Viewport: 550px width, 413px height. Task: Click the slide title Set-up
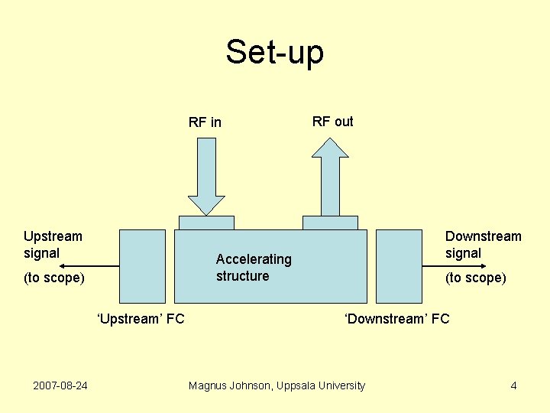coord(274,52)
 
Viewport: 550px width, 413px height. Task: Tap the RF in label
coord(205,122)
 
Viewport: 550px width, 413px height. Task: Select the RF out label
coord(332,122)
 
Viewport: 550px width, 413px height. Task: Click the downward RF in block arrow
coord(206,175)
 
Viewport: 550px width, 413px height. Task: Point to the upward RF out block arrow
coord(330,177)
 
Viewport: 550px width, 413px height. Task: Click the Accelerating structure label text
coord(254,268)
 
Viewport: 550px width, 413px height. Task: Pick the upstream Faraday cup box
coord(143,265)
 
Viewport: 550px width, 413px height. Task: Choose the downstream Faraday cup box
coord(399,265)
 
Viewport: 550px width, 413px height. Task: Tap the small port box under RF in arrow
coord(206,223)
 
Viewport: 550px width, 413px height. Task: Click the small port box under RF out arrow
coord(330,223)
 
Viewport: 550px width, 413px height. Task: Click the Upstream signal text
coord(53,245)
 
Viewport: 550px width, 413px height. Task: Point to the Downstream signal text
coord(483,245)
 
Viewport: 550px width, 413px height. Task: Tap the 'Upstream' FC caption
coord(141,318)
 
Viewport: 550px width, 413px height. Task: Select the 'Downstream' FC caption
coord(397,318)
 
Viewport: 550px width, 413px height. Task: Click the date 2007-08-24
coord(60,385)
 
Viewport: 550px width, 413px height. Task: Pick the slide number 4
coord(513,385)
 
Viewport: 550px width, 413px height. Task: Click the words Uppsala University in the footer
coord(322,385)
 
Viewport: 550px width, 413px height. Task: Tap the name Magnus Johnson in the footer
coord(229,385)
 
